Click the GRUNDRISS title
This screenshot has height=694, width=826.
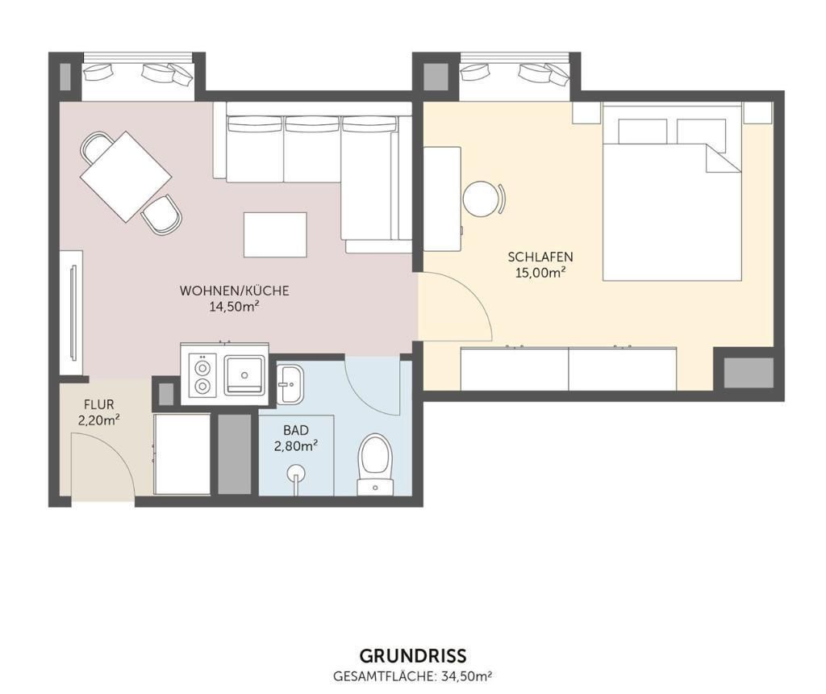coord(412,656)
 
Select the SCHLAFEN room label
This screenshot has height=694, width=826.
coord(540,257)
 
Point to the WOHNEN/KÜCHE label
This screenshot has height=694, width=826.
coord(235,291)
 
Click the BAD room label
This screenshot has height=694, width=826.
coord(296,431)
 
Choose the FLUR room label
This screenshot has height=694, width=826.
coord(99,405)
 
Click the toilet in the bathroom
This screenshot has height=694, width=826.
coord(375,464)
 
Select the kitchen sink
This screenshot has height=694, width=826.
coord(244,374)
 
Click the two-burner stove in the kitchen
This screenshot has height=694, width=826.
coord(202,374)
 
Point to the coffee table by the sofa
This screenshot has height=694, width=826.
coord(275,235)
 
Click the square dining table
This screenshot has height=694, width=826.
coord(126,177)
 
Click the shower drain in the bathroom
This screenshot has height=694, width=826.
coord(296,473)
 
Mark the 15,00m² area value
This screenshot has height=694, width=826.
coord(540,273)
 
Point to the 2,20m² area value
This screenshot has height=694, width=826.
coord(99,420)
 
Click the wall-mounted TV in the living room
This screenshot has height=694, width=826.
coord(73,313)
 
